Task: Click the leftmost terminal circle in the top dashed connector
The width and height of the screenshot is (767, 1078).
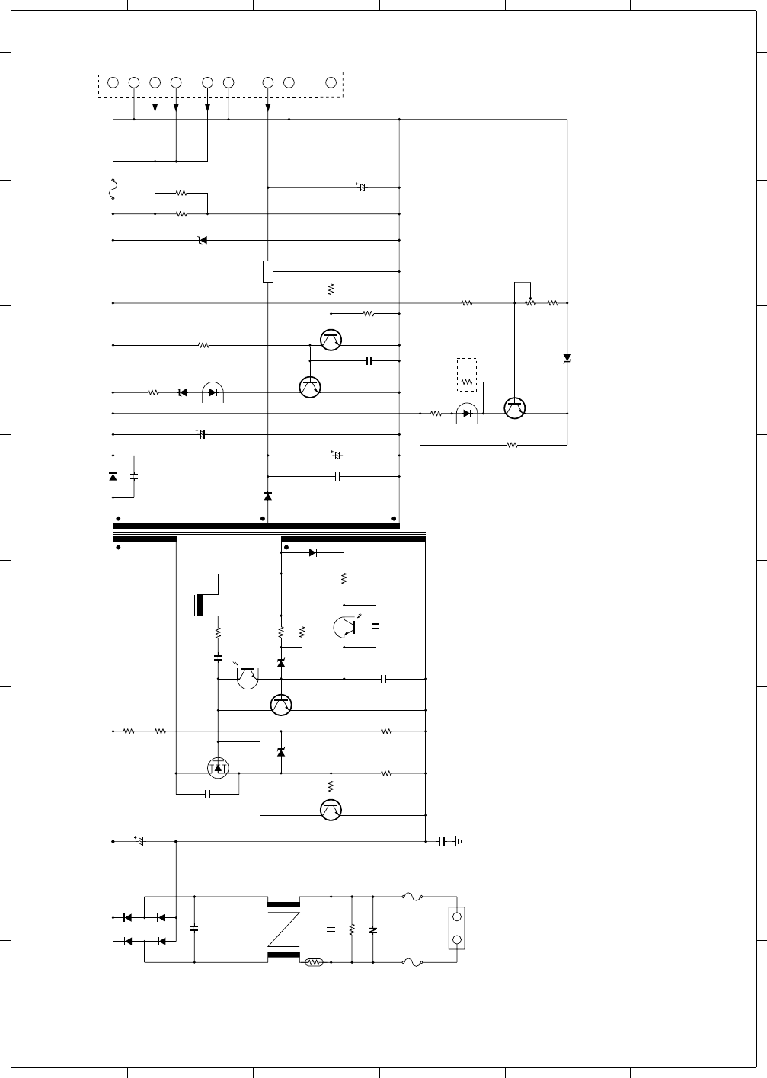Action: point(113,82)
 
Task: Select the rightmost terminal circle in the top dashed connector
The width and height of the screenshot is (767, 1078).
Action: point(331,82)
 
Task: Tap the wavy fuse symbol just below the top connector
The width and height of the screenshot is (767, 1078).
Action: point(113,188)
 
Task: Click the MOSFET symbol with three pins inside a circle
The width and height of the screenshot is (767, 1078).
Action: point(218,768)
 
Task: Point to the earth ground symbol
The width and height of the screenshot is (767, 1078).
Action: point(458,841)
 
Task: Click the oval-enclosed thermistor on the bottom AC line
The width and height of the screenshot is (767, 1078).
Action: point(314,962)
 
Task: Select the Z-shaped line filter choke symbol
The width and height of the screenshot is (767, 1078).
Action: point(283,929)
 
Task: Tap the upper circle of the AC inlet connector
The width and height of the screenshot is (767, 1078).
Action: point(457,916)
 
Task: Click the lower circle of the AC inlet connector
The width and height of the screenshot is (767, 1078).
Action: point(457,940)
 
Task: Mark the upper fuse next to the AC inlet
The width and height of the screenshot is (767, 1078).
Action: point(412,897)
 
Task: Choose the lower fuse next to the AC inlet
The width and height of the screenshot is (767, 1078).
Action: point(412,962)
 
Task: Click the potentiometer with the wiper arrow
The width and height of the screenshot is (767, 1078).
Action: point(530,302)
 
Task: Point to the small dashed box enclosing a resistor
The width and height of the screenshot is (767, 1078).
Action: point(467,375)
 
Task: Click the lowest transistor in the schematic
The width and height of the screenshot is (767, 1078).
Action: point(331,809)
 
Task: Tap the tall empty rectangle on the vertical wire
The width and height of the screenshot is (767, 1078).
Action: point(267,271)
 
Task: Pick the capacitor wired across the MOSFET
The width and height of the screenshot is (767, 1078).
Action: point(208,795)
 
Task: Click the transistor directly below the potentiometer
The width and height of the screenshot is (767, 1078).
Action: point(516,408)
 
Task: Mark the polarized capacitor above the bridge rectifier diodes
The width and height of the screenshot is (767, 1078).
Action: point(139,841)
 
